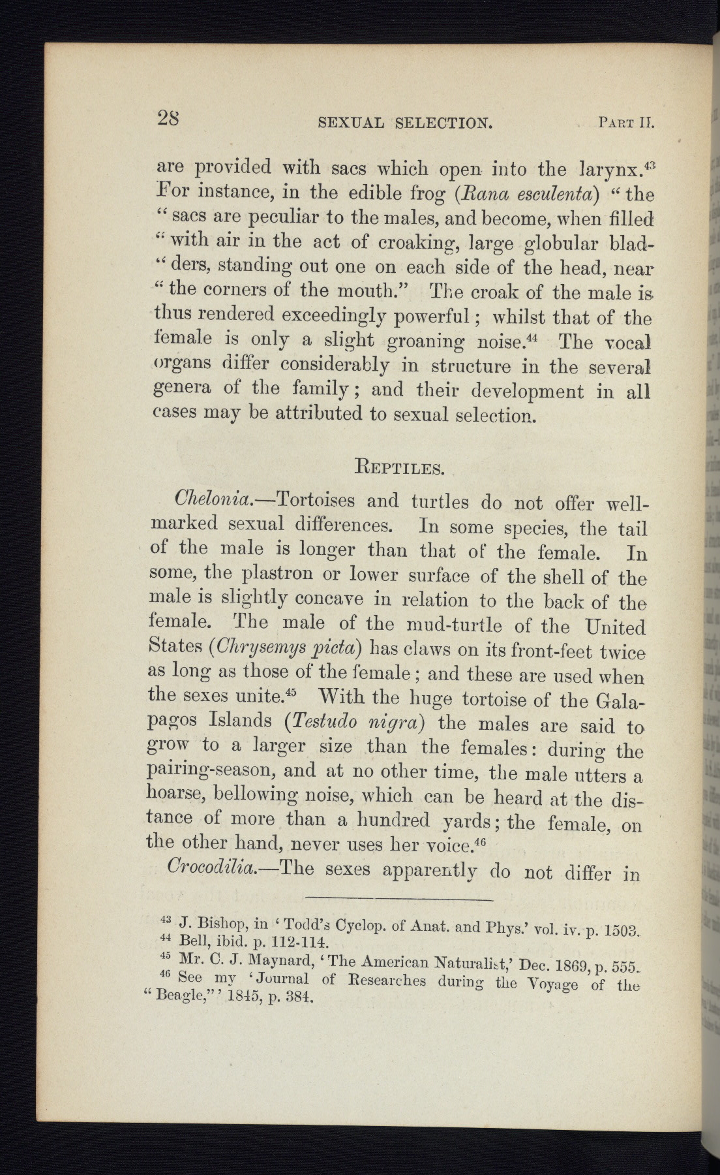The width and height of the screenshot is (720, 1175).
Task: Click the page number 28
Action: [x=169, y=118]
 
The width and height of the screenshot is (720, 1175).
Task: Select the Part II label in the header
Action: [x=625, y=122]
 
